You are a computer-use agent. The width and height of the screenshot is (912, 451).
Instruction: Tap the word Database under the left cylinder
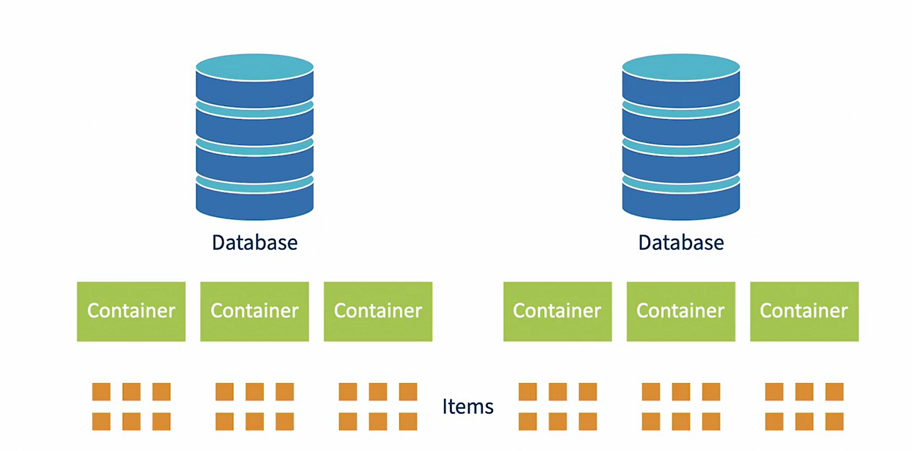click(255, 243)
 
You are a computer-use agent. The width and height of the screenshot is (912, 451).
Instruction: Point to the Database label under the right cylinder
click(681, 243)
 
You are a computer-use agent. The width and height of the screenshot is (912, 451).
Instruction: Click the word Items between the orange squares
click(468, 407)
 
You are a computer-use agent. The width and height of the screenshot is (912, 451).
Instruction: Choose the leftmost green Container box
click(131, 311)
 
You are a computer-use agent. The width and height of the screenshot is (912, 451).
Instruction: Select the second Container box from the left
click(255, 311)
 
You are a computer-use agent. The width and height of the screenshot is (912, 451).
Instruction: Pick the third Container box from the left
click(378, 311)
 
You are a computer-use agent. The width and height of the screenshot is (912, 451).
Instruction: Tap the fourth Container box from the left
click(557, 311)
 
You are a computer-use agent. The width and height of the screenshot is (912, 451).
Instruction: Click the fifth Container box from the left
click(681, 311)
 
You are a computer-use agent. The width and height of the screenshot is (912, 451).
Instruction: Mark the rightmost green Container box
click(804, 311)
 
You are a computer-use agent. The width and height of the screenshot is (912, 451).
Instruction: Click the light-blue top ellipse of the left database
click(255, 67)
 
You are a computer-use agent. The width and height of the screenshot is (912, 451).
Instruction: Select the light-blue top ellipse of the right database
click(680, 67)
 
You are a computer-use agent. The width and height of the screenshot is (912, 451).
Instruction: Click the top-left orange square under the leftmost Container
click(101, 392)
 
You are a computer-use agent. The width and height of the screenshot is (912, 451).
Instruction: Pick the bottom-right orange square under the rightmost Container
click(834, 421)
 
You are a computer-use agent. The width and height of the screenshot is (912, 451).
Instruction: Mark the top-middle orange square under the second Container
click(255, 392)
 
